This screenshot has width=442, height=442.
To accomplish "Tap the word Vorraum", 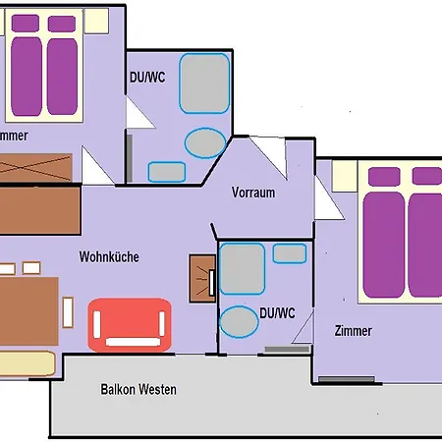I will tap(252, 193).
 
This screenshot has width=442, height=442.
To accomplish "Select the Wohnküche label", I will tap(109, 256).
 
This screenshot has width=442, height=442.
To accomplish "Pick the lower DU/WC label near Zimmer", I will tap(278, 313).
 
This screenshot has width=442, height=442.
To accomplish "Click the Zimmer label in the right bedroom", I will tap(353, 331).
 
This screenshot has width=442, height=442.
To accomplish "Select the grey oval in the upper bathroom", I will tap(204, 142).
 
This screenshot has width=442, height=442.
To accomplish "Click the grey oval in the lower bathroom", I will tap(239, 321).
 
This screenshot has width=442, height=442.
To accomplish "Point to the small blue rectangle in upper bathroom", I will tap(164, 172).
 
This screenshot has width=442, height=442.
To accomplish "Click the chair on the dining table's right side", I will tap(68, 312).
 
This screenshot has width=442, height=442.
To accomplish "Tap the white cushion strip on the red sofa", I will tap(129, 342).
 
